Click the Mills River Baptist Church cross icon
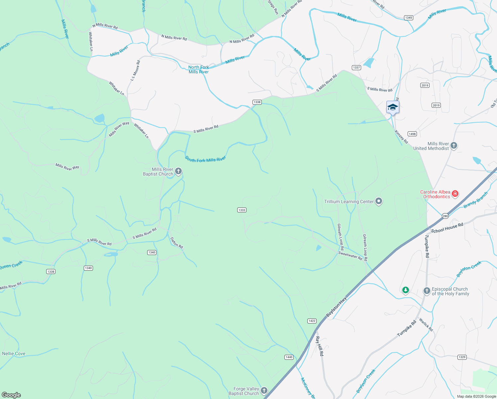178,172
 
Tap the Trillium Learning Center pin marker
379,201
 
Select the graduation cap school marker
393,107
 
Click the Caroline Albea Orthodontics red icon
455,194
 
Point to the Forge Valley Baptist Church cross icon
264,391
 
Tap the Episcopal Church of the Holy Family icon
427,291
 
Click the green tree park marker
405,291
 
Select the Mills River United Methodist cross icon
454,146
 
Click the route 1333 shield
242,210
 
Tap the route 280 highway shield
445,216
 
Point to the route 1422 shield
312,321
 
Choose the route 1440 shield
289,357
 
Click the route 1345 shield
409,18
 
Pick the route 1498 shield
412,134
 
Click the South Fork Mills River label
205,159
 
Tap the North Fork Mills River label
199,69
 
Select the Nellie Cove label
14,353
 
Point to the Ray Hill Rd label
319,346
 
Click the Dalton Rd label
176,243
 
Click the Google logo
11,395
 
